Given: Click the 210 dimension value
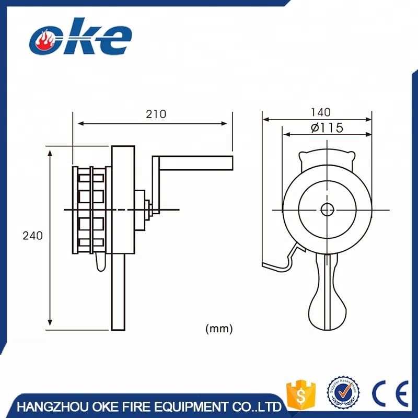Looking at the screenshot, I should point(156,114).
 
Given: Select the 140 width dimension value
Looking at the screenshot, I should point(320,112).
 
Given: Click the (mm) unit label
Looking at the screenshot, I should point(219,329).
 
